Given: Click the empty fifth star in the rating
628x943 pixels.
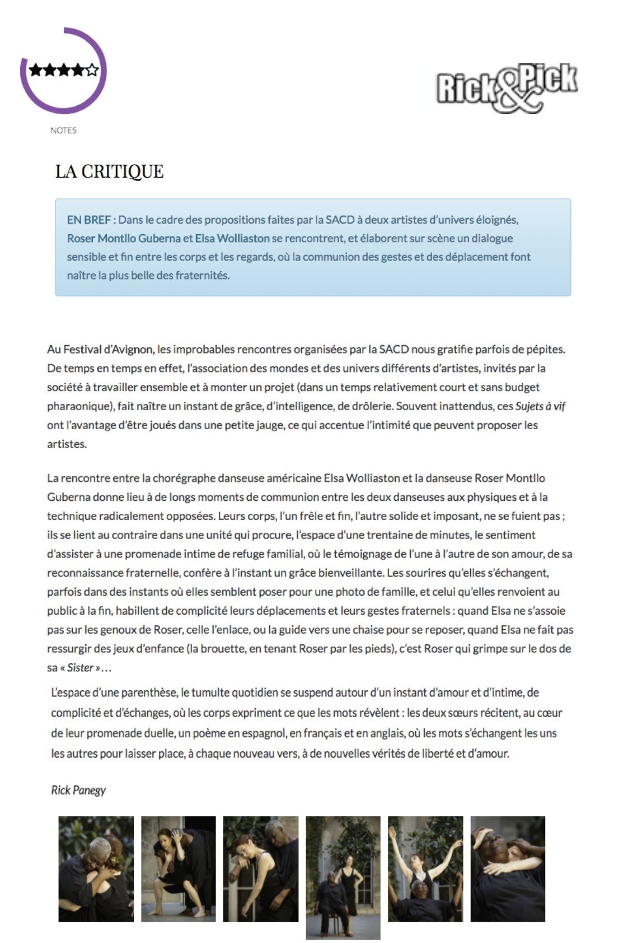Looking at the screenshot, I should tap(92, 70).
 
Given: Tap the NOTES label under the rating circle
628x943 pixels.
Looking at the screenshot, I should tap(63, 131).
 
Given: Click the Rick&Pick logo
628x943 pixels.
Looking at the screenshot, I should tap(507, 87).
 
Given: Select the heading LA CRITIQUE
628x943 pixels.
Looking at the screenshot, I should tap(109, 171).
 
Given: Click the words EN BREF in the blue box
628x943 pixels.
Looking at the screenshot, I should tap(88, 220).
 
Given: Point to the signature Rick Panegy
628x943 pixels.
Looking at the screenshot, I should tap(78, 790).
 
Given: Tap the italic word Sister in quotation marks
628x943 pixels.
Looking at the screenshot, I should tap(80, 667).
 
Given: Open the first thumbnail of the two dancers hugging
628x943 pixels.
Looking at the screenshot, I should tap(96, 868).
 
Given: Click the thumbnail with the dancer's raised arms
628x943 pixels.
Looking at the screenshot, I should tap(425, 868).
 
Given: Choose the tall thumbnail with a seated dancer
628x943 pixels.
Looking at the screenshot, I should tap(343, 877).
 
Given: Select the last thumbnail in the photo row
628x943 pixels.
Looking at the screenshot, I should tap(508, 868).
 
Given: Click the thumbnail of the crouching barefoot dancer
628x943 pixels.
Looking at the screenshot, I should tap(179, 868).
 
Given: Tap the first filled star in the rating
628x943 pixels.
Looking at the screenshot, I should tap(36, 70).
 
